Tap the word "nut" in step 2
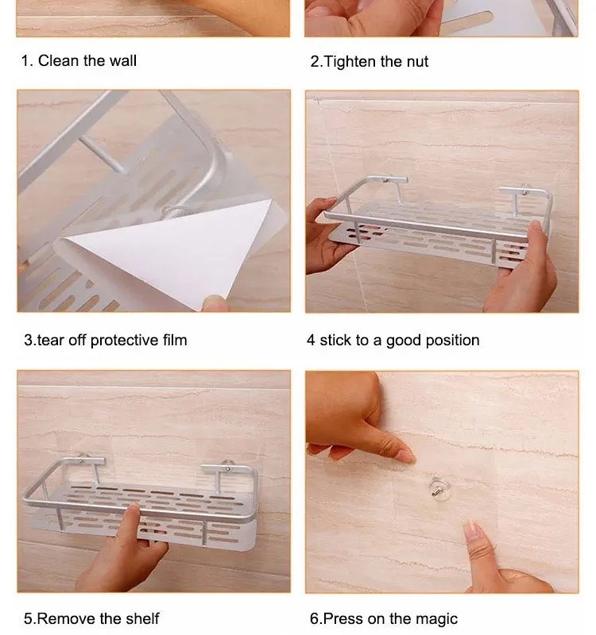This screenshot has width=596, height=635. coord(417,62)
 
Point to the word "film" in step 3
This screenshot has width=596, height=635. coord(175,340)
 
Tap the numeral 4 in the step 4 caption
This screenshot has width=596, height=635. coord(311,341)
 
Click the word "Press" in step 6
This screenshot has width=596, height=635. coord(344,619)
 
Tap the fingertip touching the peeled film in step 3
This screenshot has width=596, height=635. coord(214,302)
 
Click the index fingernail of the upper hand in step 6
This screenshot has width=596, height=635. coord(406,456)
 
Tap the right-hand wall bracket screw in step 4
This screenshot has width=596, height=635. coord(525,190)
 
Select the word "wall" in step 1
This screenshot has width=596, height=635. coord(122,61)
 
